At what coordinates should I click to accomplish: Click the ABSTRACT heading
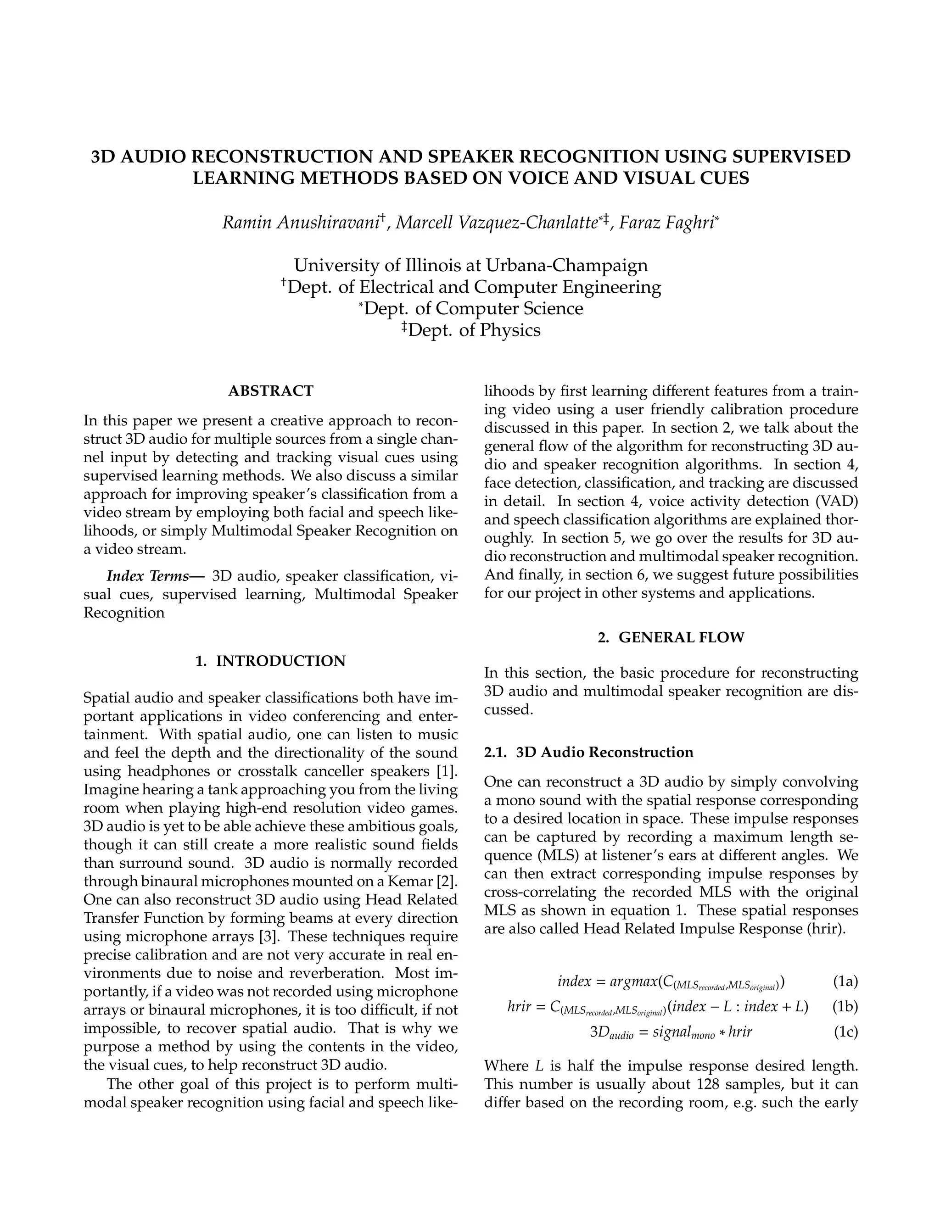271,391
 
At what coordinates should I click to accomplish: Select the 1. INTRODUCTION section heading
271,661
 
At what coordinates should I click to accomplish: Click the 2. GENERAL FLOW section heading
671,637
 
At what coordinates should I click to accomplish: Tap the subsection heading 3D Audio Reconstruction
604,752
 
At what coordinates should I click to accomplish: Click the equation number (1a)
845,981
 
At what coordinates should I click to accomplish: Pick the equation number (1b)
845,1007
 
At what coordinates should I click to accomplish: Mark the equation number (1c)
845,1032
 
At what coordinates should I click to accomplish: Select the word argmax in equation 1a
633,981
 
